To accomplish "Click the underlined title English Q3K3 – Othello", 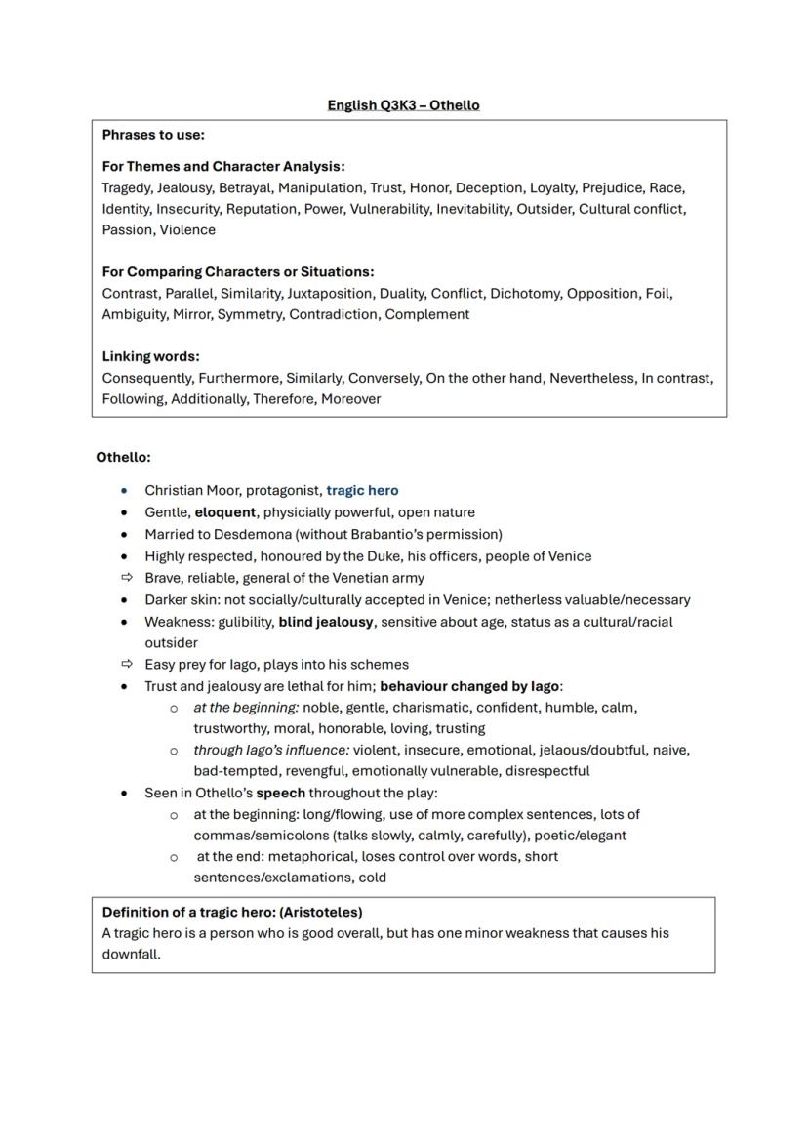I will (x=403, y=105).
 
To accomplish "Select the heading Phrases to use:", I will (x=153, y=135).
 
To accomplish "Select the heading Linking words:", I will (x=150, y=356).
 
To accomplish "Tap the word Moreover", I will (x=351, y=398).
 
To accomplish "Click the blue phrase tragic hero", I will (x=362, y=490).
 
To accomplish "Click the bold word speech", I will (x=280, y=793).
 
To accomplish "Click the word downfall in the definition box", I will (x=130, y=954).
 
